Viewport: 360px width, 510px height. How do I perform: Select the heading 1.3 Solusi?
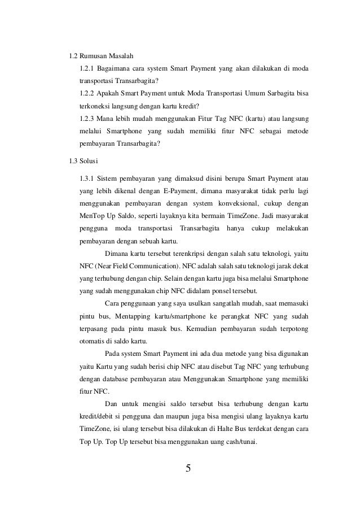coord(82,161)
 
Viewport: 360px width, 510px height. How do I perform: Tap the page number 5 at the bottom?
coord(188,468)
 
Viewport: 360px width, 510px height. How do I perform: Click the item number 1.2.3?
coord(87,118)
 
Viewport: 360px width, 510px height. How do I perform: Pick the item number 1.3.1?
coord(87,180)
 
